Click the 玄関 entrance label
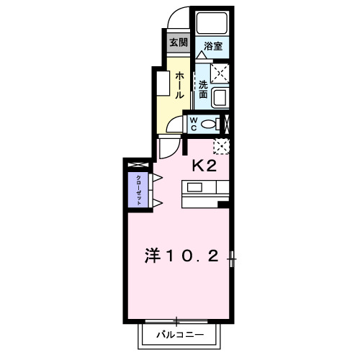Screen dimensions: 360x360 (177, 42)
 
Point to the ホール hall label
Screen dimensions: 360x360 (179, 84)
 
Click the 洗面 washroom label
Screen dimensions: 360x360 (204, 88)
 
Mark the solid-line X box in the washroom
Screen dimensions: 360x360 (220, 72)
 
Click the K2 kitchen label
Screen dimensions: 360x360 (204, 166)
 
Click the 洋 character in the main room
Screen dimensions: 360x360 (153, 256)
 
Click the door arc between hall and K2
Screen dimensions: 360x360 (170, 147)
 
